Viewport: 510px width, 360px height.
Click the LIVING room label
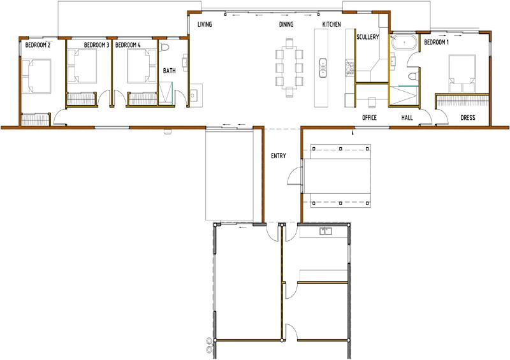205,24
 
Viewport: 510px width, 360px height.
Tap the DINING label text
286,24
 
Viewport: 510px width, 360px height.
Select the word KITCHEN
331,24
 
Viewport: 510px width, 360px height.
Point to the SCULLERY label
368,37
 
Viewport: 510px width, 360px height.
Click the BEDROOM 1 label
436,42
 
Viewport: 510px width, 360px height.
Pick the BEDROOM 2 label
38,45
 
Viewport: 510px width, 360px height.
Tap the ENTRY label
279,155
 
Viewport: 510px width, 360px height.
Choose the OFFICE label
369,117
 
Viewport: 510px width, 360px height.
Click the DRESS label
468,117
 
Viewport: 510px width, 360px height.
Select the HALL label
407,117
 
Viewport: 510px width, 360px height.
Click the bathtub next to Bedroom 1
404,42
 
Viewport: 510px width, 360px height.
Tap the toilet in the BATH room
164,47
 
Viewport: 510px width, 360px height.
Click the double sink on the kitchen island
323,68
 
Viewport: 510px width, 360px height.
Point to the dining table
290,68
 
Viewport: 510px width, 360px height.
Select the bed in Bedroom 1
462,73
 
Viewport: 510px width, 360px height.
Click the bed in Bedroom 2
36,76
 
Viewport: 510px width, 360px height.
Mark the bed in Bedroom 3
82,66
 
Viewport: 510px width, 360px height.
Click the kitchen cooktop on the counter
349,68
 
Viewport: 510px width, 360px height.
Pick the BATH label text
169,71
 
